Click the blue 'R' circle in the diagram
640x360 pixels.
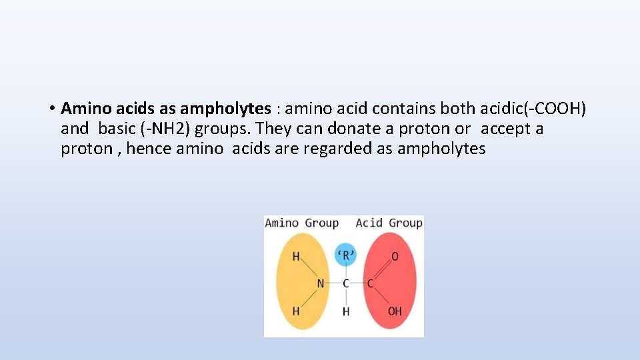345,255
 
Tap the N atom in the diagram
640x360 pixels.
320,283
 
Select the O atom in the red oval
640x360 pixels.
395,257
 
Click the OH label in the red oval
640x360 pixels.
395,311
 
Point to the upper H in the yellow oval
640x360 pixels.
296,257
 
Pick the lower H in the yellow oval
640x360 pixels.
296,311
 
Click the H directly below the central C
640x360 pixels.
345,311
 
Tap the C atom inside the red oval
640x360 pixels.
370,283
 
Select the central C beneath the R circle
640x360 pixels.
345,283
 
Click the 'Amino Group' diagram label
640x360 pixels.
301,223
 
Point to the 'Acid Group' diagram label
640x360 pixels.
389,223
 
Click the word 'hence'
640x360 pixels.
149,148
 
